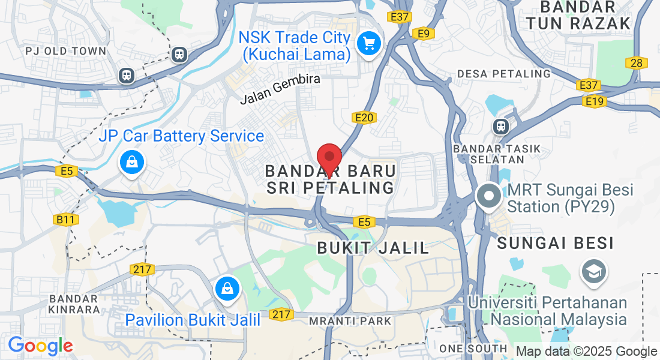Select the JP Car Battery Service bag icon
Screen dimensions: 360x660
coord(131,162)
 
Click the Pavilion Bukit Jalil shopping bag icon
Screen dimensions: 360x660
coord(228,288)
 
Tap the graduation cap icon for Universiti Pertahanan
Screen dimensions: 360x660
coord(593,272)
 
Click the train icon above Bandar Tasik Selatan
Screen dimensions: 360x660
coord(500,127)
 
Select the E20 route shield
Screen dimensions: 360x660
coord(364,118)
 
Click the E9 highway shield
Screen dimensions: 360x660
coord(424,34)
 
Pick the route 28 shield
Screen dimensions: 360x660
coord(636,62)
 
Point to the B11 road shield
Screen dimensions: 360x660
coord(66,220)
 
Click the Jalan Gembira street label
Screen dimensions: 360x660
coord(280,89)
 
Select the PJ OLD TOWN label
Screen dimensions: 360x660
coord(66,51)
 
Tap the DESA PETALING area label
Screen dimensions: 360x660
coord(503,73)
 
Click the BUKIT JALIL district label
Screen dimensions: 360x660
coord(373,247)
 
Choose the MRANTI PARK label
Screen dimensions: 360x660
coord(350,321)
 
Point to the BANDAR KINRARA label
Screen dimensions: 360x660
coord(74,304)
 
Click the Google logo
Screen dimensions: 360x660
coord(40,346)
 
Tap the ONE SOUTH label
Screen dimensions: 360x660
coord(473,349)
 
